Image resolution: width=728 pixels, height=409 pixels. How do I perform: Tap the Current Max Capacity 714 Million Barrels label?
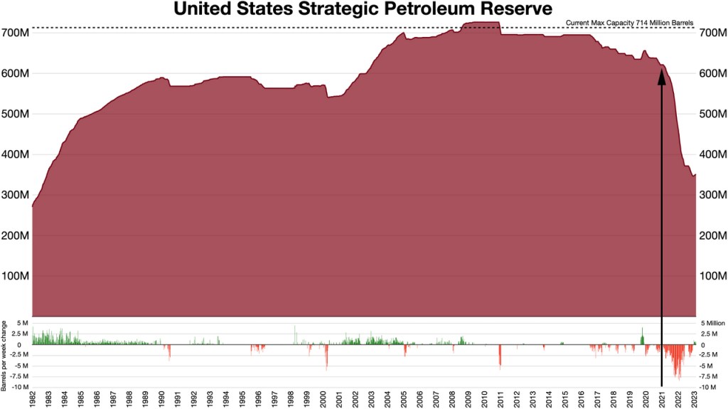coord(629,23)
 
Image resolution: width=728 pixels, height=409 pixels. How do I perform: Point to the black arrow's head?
coord(662,77)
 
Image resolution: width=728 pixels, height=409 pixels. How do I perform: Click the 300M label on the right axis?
coord(713,195)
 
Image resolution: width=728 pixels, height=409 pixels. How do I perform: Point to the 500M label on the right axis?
coord(713,114)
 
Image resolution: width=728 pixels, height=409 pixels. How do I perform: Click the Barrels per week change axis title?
coord(5,355)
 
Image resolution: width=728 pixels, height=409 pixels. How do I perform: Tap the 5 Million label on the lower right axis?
coord(713,323)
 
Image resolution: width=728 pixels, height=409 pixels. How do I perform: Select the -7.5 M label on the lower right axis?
coord(713,376)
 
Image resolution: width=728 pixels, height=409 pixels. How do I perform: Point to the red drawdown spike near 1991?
coord(169,352)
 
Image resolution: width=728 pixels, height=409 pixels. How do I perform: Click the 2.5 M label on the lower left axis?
coord(18,334)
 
